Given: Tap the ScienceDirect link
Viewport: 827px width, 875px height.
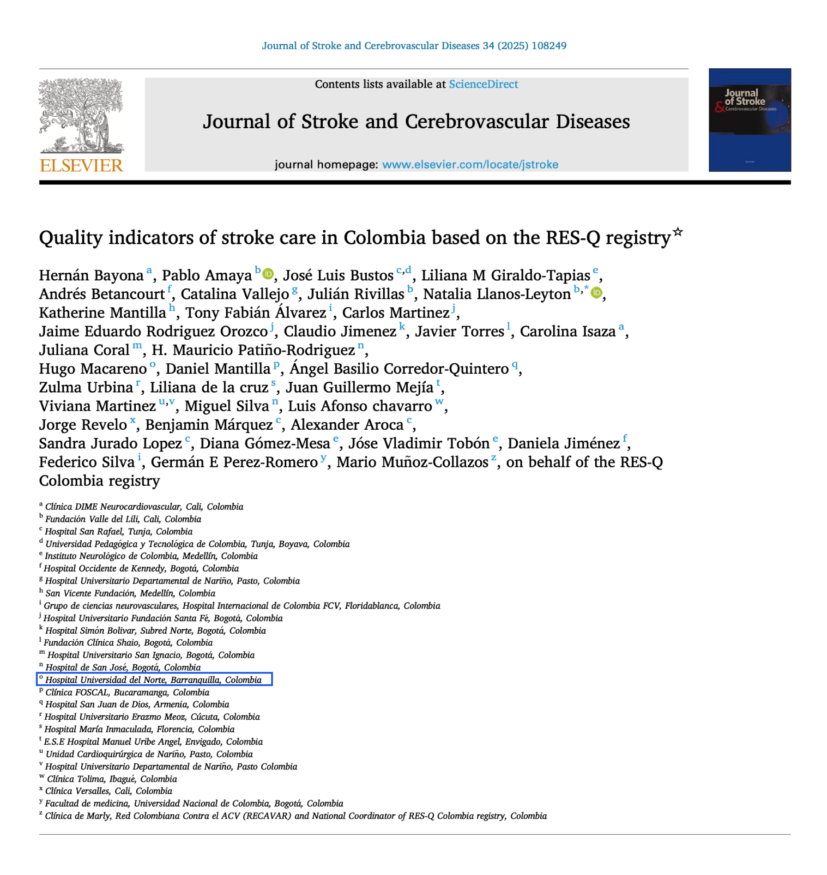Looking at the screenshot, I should tap(483, 84).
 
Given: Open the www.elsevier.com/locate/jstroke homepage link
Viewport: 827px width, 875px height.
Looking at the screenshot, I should tap(470, 165).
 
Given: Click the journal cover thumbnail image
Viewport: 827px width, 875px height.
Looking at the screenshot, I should tap(749, 120).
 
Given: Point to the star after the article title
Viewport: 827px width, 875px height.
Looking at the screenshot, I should tap(677, 232).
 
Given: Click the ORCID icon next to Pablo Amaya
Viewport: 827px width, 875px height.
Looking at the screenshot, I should tap(268, 274).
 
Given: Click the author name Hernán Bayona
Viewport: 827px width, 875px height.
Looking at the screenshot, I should tap(91, 275).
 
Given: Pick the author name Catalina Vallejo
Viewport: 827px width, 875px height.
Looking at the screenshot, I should tap(234, 294).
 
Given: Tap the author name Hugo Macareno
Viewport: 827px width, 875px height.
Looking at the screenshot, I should tap(93, 369).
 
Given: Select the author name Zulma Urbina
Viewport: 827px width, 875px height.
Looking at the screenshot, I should tap(86, 387).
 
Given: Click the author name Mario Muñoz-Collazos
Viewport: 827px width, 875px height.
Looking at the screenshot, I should tap(412, 462).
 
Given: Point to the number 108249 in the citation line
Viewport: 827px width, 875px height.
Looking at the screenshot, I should tap(549, 46).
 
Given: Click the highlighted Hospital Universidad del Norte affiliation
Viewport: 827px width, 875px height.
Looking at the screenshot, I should tap(154, 679).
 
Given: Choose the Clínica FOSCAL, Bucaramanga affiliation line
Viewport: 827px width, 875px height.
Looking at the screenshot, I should tap(127, 692).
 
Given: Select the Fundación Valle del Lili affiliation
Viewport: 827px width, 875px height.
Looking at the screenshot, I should tap(123, 519).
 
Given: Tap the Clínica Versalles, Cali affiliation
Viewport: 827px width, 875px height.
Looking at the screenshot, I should tap(108, 791).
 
